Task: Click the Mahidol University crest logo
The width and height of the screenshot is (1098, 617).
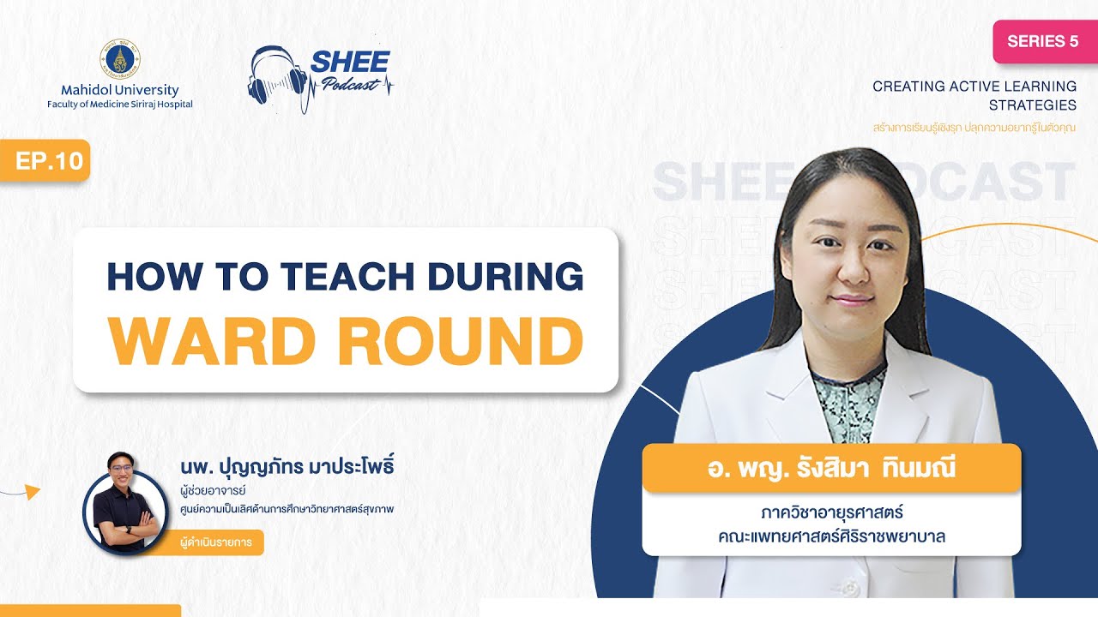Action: point(119,57)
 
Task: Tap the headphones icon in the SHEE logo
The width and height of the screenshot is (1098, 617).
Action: point(276,75)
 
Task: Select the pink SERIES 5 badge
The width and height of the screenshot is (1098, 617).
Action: point(1044,41)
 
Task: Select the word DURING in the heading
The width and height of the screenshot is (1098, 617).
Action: point(500,276)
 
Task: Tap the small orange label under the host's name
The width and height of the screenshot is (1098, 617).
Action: point(220,542)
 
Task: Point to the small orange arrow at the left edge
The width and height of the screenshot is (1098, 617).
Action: point(32,491)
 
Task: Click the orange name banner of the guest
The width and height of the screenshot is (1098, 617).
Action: point(830,469)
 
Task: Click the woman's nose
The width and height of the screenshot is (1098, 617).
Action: point(849,276)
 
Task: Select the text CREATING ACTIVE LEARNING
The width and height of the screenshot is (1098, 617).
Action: point(974,87)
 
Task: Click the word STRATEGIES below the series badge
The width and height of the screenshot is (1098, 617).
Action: point(1032,105)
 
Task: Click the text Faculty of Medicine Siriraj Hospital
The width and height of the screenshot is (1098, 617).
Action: point(120,105)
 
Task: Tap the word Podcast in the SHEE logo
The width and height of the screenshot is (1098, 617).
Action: point(352,84)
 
